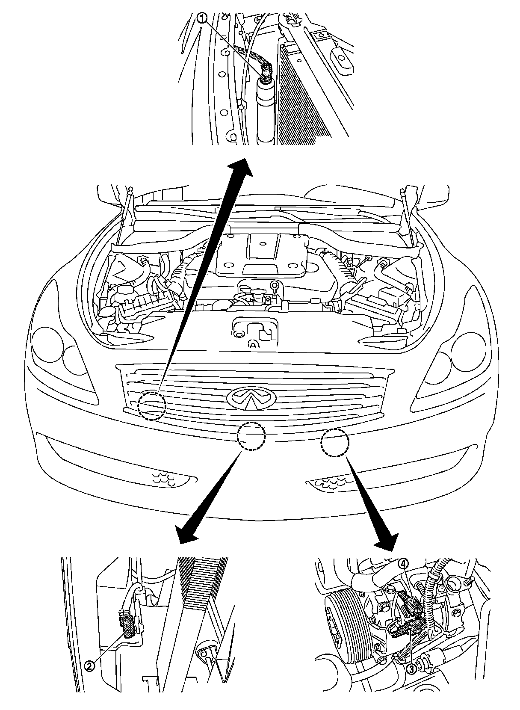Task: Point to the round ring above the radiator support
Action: (x=273, y=285)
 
